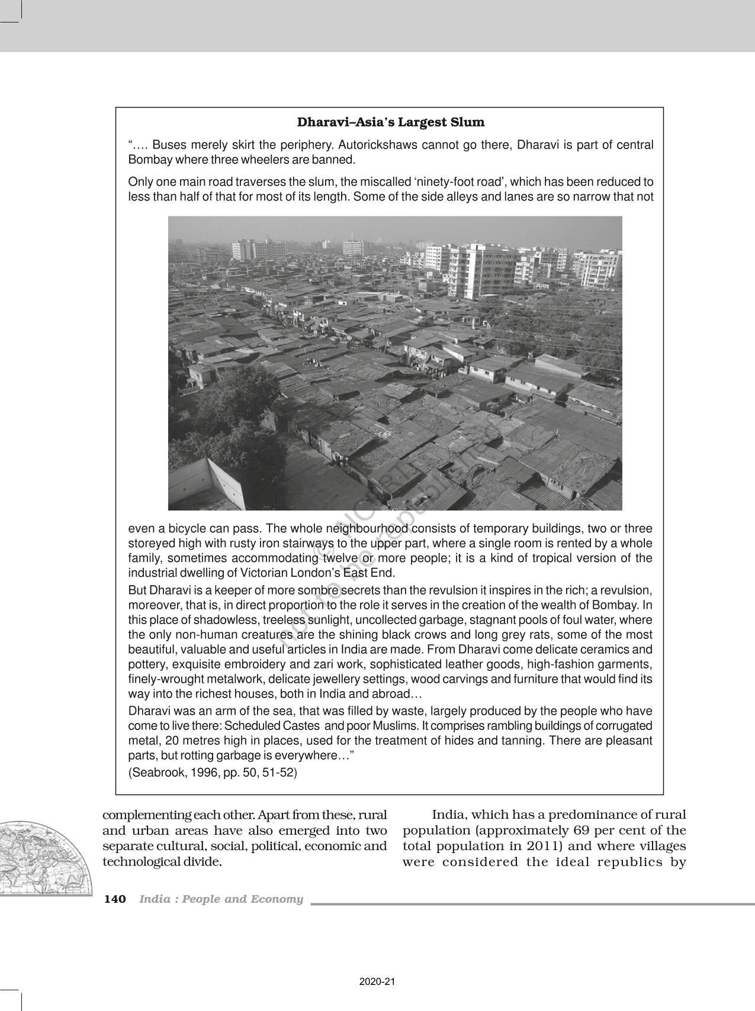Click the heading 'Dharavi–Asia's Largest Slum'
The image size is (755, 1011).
click(x=390, y=123)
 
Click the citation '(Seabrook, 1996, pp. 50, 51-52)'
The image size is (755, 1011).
click(x=213, y=773)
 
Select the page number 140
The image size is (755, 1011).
click(x=115, y=899)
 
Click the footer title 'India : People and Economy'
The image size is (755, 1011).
click(x=221, y=899)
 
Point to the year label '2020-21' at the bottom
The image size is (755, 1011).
click(x=377, y=982)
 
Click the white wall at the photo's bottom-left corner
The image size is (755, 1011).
click(x=213, y=485)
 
